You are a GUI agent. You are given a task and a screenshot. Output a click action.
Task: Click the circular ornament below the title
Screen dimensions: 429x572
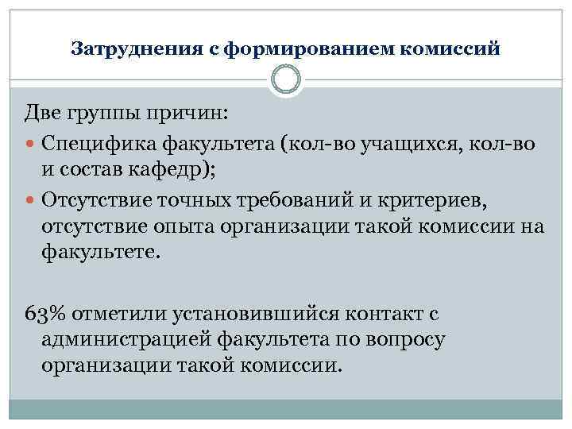click(286, 80)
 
